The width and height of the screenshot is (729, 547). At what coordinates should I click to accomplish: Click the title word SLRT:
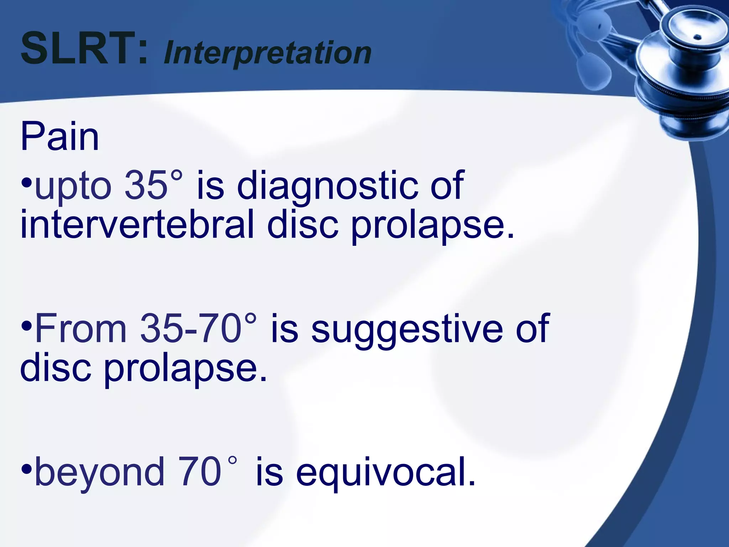click(x=84, y=48)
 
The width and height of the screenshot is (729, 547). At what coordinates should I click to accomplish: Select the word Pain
click(x=59, y=137)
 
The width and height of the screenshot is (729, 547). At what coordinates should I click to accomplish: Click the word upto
click(x=73, y=186)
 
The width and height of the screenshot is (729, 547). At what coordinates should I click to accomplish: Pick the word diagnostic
click(x=327, y=186)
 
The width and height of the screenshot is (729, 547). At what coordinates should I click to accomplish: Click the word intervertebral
click(x=137, y=224)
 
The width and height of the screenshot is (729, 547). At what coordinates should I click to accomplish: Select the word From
click(x=81, y=328)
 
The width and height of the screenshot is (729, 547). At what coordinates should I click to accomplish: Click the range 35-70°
click(x=198, y=328)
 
